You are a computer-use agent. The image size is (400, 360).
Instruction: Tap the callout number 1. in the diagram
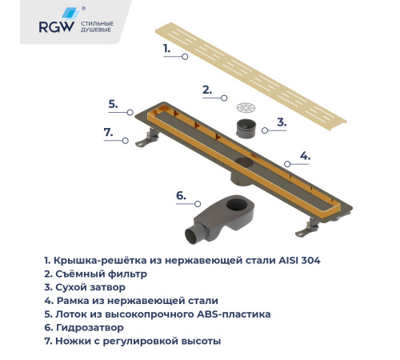167,48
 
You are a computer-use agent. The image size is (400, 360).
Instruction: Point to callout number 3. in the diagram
281,122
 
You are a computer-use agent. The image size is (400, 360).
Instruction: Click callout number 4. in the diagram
305,155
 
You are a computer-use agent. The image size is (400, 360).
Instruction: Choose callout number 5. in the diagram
114,103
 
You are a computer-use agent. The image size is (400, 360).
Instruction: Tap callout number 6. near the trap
180,194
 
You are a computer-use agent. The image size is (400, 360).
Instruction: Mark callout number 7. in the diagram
109,132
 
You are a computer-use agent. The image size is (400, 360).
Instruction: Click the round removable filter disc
246,106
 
